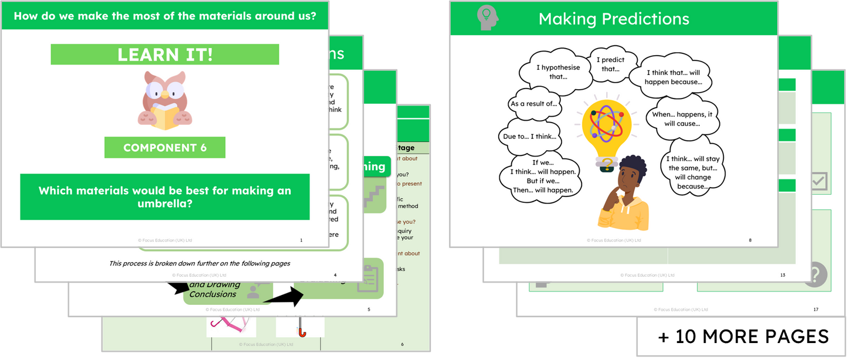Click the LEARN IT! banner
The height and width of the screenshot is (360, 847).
pyautogui.click(x=165, y=55)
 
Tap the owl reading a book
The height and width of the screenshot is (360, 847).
pyautogui.click(x=164, y=100)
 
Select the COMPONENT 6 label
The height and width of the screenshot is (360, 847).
pyautogui.click(x=165, y=148)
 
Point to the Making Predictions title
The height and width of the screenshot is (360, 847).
pyautogui.click(x=614, y=19)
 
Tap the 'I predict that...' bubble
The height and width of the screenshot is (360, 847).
pyautogui.click(x=610, y=64)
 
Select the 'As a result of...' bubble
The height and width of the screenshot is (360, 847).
pyautogui.click(x=534, y=104)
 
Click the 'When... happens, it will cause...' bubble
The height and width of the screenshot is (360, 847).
pyautogui.click(x=682, y=119)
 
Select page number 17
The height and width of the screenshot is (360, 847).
pyautogui.click(x=815, y=310)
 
